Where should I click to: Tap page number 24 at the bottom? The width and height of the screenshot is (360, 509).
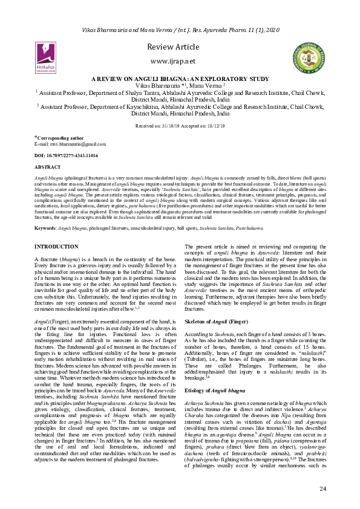(322, 488)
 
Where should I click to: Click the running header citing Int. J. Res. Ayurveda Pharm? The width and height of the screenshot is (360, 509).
(180, 30)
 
